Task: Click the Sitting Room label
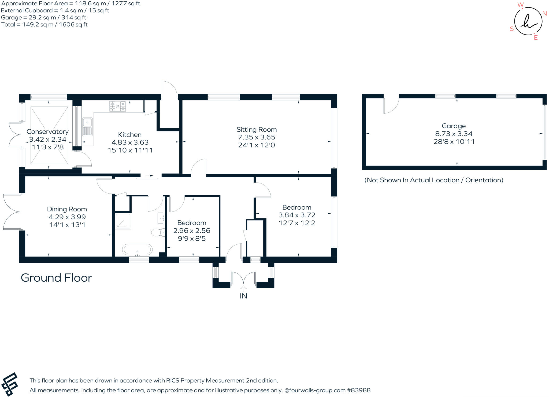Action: coord(256,130)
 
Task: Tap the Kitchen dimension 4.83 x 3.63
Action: coord(130,142)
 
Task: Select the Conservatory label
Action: coord(47,131)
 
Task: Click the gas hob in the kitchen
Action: coord(117,106)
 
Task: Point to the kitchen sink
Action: coord(87,127)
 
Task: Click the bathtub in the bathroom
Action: coord(137,249)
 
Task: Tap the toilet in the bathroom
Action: coord(157,232)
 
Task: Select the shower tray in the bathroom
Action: coord(123,221)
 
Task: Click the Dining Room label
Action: coord(67,209)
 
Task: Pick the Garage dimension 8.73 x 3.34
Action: coord(454,134)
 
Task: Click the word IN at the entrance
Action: coord(243,296)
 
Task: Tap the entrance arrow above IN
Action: coord(243,288)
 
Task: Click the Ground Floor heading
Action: coord(56,278)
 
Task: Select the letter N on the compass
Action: coord(544,14)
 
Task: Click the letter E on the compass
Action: coord(536,38)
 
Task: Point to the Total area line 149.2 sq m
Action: coord(44,25)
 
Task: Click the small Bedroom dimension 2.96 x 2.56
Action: coord(191,230)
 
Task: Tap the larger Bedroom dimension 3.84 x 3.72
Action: coord(296,215)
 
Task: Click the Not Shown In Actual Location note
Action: coord(433,180)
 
